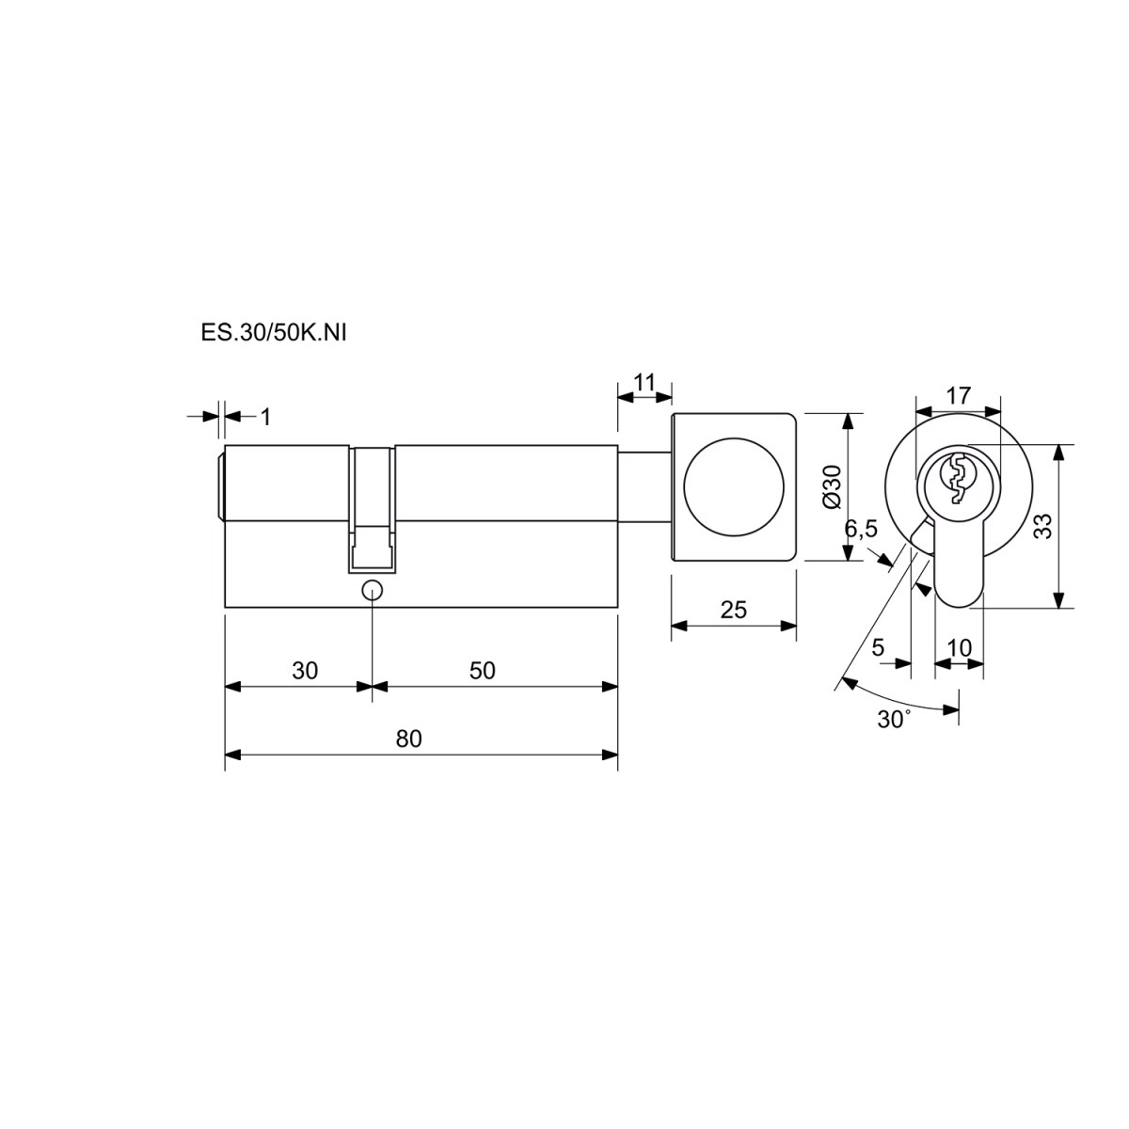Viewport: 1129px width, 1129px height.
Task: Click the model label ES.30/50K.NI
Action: pos(274,333)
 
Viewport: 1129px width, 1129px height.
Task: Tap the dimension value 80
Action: pos(408,739)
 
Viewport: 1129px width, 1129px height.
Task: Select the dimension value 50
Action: pos(483,670)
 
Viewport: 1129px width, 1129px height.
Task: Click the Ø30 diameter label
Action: pos(831,486)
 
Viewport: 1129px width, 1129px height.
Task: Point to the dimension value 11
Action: pos(644,383)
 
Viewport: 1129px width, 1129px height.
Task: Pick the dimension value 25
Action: pos(734,610)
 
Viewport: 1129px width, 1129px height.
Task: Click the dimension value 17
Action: pos(959,396)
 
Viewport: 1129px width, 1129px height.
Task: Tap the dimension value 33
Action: pos(1043,526)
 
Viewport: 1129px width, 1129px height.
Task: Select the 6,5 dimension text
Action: pos(861,529)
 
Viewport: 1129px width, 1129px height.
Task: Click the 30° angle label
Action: pos(894,719)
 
